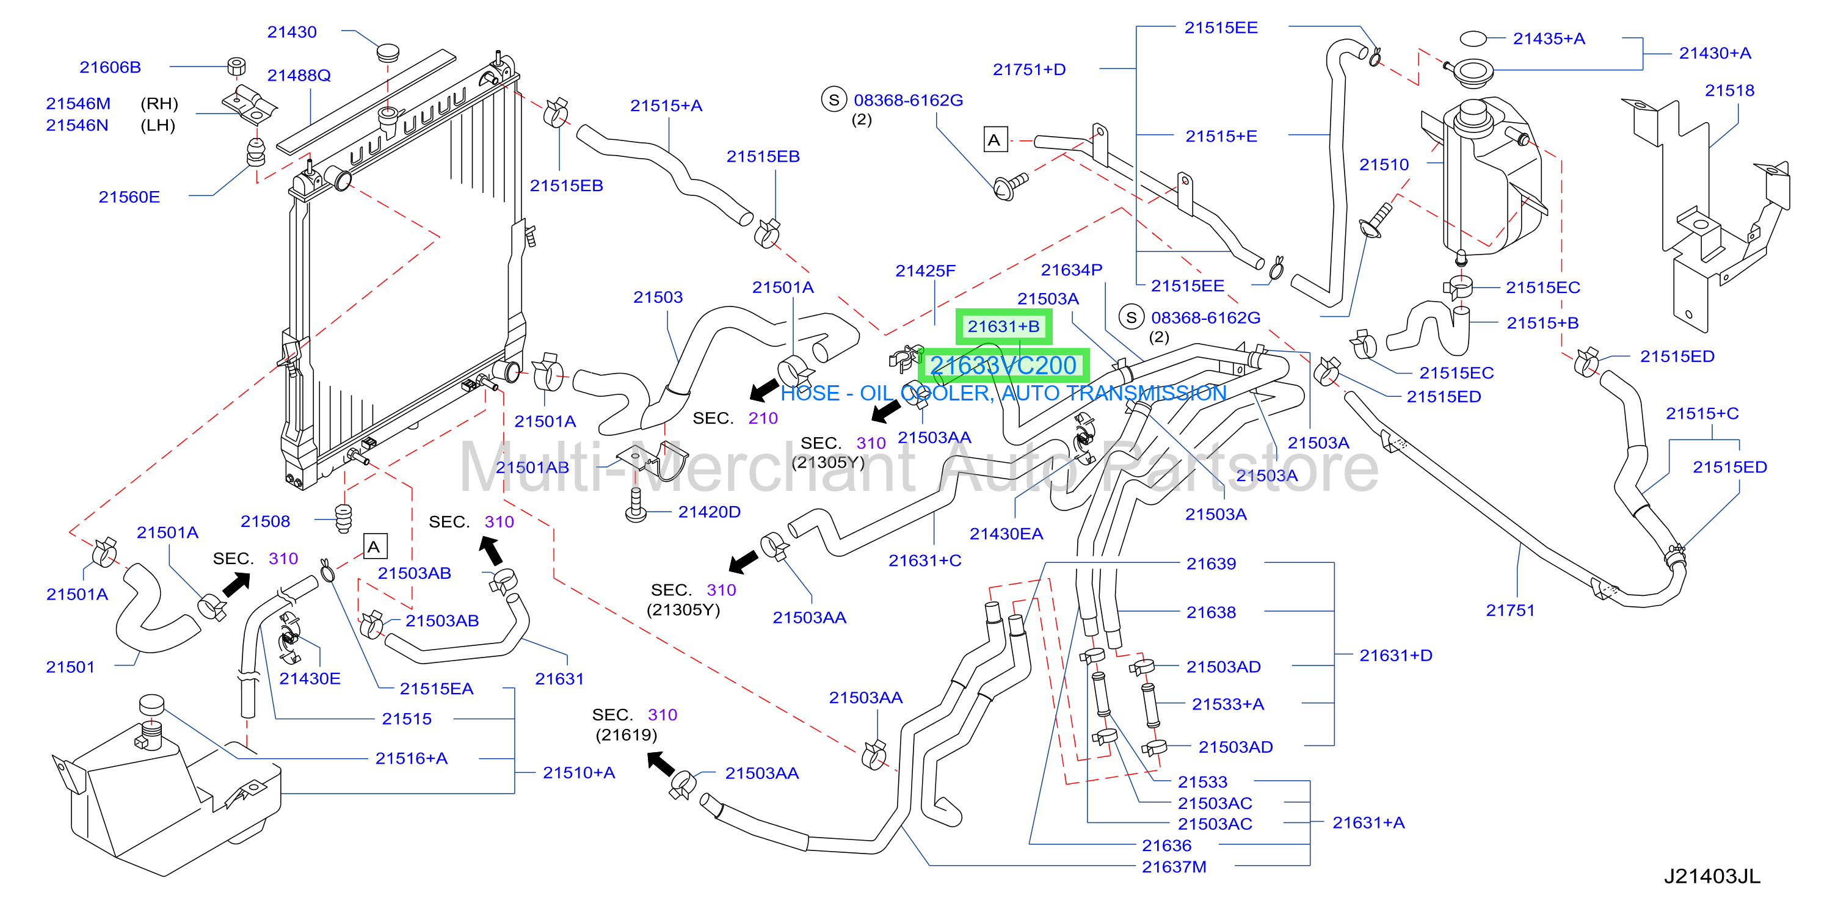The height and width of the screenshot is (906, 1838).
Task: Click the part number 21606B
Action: pos(110,67)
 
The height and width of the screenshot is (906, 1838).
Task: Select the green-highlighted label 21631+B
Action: pos(1003,327)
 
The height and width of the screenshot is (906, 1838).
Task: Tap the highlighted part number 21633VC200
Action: pos(1003,365)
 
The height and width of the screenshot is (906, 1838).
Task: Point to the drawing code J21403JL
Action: pos(1712,876)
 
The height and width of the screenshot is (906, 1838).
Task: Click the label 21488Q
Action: pos(299,76)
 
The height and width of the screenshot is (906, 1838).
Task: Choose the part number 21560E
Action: pos(129,197)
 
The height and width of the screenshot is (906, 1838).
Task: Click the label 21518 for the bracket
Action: pos(1729,90)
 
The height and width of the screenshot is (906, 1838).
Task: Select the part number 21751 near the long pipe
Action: pos(1509,611)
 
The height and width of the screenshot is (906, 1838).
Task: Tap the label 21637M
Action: pos(1174,867)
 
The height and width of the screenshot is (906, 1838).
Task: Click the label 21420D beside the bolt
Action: pos(709,512)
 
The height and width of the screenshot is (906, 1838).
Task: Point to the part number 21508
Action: pos(266,521)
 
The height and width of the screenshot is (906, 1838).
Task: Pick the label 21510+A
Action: pos(579,772)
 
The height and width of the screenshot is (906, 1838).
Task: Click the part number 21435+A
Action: pos(1549,38)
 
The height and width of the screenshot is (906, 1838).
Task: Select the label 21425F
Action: pos(926,271)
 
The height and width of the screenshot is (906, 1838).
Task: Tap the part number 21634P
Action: pos(1072,270)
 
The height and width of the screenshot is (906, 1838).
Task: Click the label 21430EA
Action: pos(1006,534)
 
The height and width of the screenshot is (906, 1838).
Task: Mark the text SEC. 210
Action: pos(735,418)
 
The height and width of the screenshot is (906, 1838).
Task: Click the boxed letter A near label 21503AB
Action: pos(374,547)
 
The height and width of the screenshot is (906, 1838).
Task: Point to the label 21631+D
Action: pos(1396,656)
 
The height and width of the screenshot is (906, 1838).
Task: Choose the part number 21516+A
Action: pos(412,758)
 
